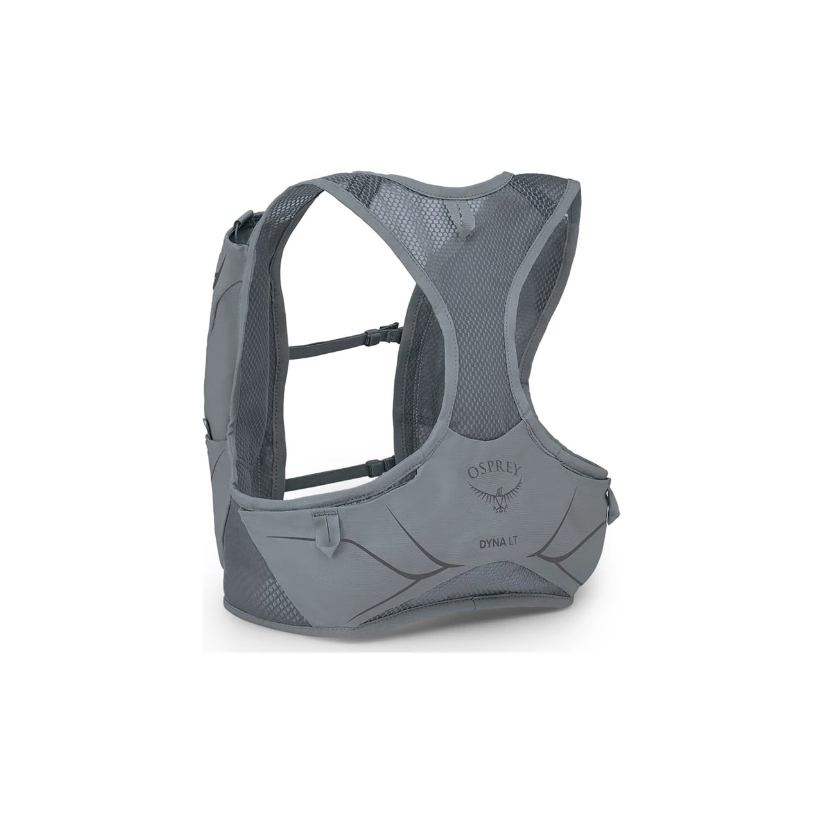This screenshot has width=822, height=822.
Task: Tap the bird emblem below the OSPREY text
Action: pyautogui.click(x=496, y=497)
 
